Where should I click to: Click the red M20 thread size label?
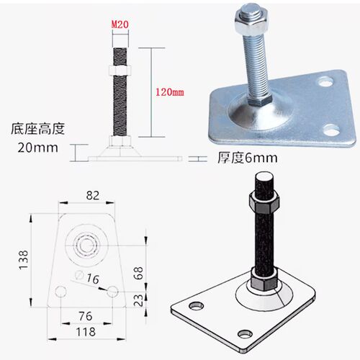coord(120,24)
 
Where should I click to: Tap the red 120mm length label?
coord(170,92)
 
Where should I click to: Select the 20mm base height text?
coord(37,148)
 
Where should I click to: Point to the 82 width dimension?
coord(93,195)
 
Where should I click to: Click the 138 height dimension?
coord(24,260)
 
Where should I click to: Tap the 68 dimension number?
coord(138,273)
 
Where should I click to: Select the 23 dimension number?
coord(138,300)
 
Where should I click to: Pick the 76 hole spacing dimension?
coord(86,316)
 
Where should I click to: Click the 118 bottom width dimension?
coord(86,332)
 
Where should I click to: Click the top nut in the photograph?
coord(251,23)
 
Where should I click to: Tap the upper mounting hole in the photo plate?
coord(325,82)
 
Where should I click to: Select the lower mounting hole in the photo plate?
coord(330,130)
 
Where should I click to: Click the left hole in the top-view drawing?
coord(60,292)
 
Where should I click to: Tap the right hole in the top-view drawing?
coord(112,292)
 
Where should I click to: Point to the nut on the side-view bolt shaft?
coord(120,70)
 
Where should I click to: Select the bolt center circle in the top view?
coord(86,246)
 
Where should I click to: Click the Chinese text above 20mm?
coord(37,129)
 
